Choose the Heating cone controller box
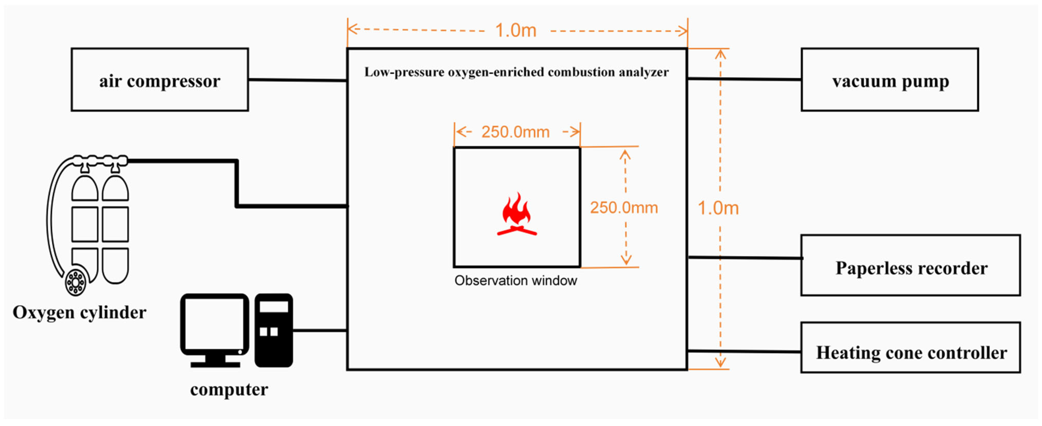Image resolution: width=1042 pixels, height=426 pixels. [x=911, y=348]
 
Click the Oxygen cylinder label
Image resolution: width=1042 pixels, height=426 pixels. [x=79, y=313]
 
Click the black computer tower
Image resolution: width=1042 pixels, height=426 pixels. [x=274, y=330]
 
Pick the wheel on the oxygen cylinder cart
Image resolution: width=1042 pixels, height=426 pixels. [x=76, y=281]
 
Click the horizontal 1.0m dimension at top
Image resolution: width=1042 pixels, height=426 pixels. [x=516, y=31]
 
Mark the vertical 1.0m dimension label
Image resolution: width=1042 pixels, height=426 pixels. [x=718, y=208]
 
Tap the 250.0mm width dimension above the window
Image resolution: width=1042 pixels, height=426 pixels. [x=515, y=132]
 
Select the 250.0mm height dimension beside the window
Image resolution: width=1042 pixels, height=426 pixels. [x=624, y=208]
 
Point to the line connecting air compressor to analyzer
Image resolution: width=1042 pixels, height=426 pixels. [x=297, y=80]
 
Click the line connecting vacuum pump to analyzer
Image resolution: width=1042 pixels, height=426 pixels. [x=744, y=79]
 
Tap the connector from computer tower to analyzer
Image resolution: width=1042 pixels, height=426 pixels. [x=320, y=331]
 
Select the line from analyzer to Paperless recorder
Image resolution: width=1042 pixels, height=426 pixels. [x=744, y=258]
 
